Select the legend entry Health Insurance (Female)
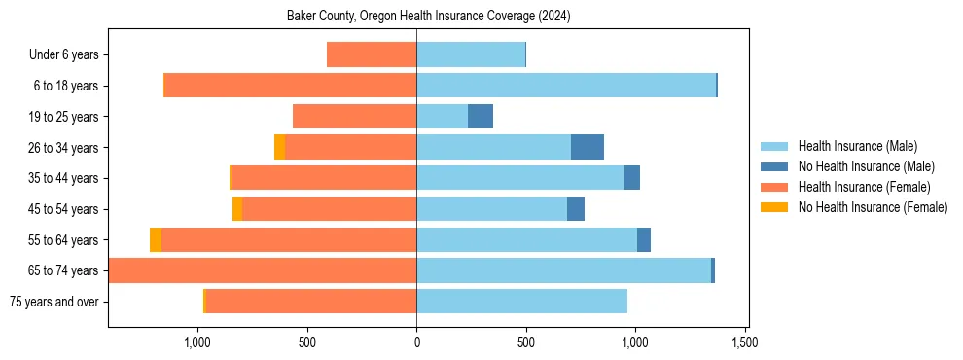864,187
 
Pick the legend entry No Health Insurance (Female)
873,207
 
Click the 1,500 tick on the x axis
745,342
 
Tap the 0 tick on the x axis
416,342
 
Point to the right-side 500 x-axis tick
526,342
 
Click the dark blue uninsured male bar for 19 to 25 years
481,117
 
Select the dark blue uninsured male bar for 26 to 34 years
588,147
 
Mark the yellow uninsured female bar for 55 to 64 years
156,240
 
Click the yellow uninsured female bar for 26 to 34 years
279,147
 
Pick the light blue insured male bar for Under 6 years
471,54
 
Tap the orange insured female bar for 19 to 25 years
354,117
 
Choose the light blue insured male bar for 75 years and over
521,302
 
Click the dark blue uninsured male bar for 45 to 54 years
576,209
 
